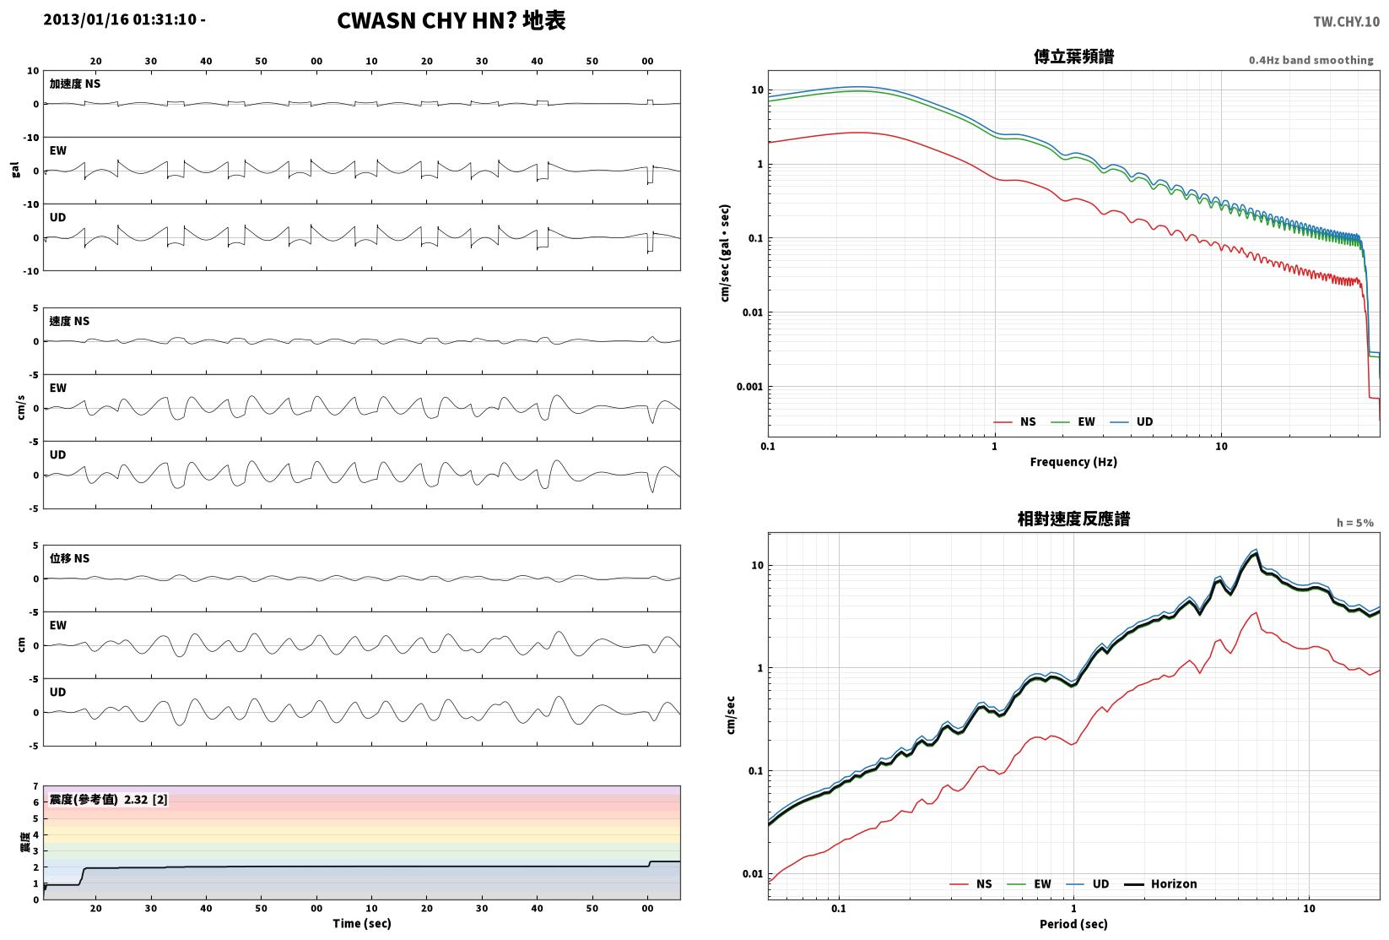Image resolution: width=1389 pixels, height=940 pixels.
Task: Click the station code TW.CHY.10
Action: (1346, 22)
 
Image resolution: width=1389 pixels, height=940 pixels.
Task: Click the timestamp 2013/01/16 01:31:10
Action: (120, 19)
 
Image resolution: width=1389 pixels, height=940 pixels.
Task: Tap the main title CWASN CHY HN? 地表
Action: (451, 20)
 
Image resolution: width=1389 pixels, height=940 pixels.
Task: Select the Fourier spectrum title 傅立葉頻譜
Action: (1073, 57)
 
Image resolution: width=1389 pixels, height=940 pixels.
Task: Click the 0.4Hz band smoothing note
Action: (1311, 60)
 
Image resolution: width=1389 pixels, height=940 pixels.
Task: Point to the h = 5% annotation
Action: (1355, 523)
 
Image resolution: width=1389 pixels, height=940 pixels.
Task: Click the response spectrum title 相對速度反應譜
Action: (1073, 519)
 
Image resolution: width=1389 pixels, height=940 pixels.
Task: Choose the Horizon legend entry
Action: (1160, 883)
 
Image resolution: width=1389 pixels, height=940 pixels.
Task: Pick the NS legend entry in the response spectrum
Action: (970, 883)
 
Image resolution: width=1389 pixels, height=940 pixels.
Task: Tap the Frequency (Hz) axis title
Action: (1073, 462)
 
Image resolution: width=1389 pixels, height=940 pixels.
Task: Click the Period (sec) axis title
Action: (1073, 924)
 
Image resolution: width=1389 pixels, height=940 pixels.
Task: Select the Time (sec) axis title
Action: (362, 923)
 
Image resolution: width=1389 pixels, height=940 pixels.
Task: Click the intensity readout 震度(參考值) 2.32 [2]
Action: (109, 799)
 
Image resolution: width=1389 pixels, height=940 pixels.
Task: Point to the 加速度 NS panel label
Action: (75, 84)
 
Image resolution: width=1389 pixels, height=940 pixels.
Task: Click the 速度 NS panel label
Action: (69, 321)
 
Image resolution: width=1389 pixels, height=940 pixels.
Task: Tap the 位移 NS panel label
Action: (69, 558)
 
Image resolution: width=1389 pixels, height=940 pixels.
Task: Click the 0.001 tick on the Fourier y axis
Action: (749, 387)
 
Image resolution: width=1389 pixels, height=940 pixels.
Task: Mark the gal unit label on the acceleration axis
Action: (15, 170)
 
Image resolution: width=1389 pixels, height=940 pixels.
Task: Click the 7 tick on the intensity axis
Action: (36, 786)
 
